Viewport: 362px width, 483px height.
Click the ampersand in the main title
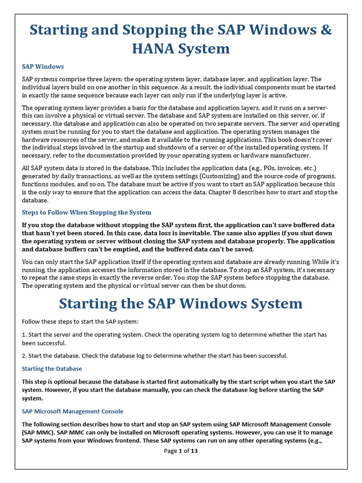pyautogui.click(x=326, y=30)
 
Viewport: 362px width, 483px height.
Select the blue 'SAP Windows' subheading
pyautogui.click(x=43, y=67)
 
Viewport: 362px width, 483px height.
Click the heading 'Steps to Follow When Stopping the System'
pyautogui.click(x=87, y=212)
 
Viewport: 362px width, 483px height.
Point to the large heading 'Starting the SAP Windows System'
pyautogui.click(x=181, y=303)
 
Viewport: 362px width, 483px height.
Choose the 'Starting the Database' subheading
pyautogui.click(x=52, y=368)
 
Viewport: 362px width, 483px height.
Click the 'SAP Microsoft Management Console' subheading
pyautogui.click(x=73, y=411)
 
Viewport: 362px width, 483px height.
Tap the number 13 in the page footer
pyautogui.click(x=194, y=451)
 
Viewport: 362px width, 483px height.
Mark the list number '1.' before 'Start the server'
pyautogui.click(x=25, y=334)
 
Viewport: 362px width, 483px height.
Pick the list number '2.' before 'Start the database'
pyautogui.click(x=25, y=355)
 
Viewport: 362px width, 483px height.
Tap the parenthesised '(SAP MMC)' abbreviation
pyautogui.click(x=36, y=432)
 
